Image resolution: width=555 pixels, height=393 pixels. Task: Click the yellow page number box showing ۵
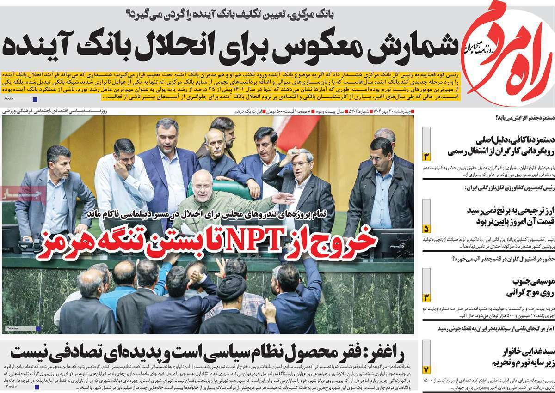(426, 229)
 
